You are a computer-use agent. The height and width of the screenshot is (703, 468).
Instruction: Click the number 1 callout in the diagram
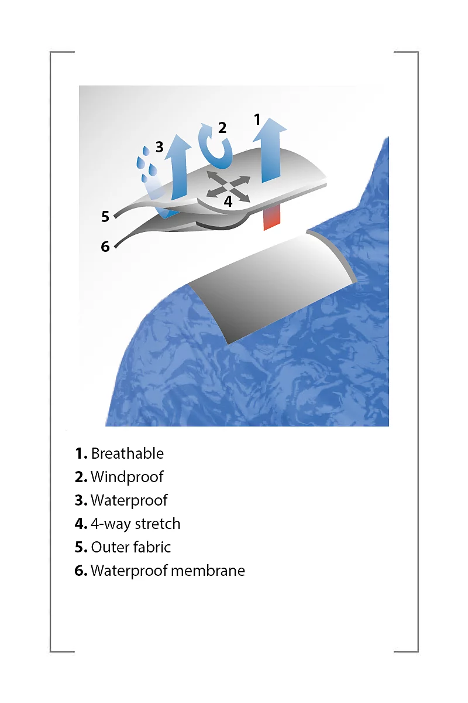[257, 120]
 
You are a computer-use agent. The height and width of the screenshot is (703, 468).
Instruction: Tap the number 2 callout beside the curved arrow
[222, 128]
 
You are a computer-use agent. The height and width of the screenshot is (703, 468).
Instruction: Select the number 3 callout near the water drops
[160, 146]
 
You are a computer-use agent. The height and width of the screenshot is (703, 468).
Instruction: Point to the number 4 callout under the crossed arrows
[228, 201]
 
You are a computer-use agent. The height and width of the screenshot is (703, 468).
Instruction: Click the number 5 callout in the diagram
[105, 217]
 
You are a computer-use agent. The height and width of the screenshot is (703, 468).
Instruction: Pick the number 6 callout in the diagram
[105, 247]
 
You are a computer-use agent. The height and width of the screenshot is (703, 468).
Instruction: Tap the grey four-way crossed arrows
[228, 187]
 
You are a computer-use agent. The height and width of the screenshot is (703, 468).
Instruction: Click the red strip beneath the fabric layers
[271, 218]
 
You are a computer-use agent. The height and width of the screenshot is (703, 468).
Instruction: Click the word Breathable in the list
[128, 453]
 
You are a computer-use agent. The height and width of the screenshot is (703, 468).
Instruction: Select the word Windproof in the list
[127, 477]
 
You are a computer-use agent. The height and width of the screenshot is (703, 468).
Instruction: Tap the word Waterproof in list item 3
[129, 500]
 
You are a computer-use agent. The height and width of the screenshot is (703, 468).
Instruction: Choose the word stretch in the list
[158, 524]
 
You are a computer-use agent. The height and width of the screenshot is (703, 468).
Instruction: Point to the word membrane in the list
[208, 571]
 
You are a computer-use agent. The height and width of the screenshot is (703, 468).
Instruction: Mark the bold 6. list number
[81, 571]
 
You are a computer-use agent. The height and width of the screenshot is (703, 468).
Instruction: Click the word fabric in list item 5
[151, 547]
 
